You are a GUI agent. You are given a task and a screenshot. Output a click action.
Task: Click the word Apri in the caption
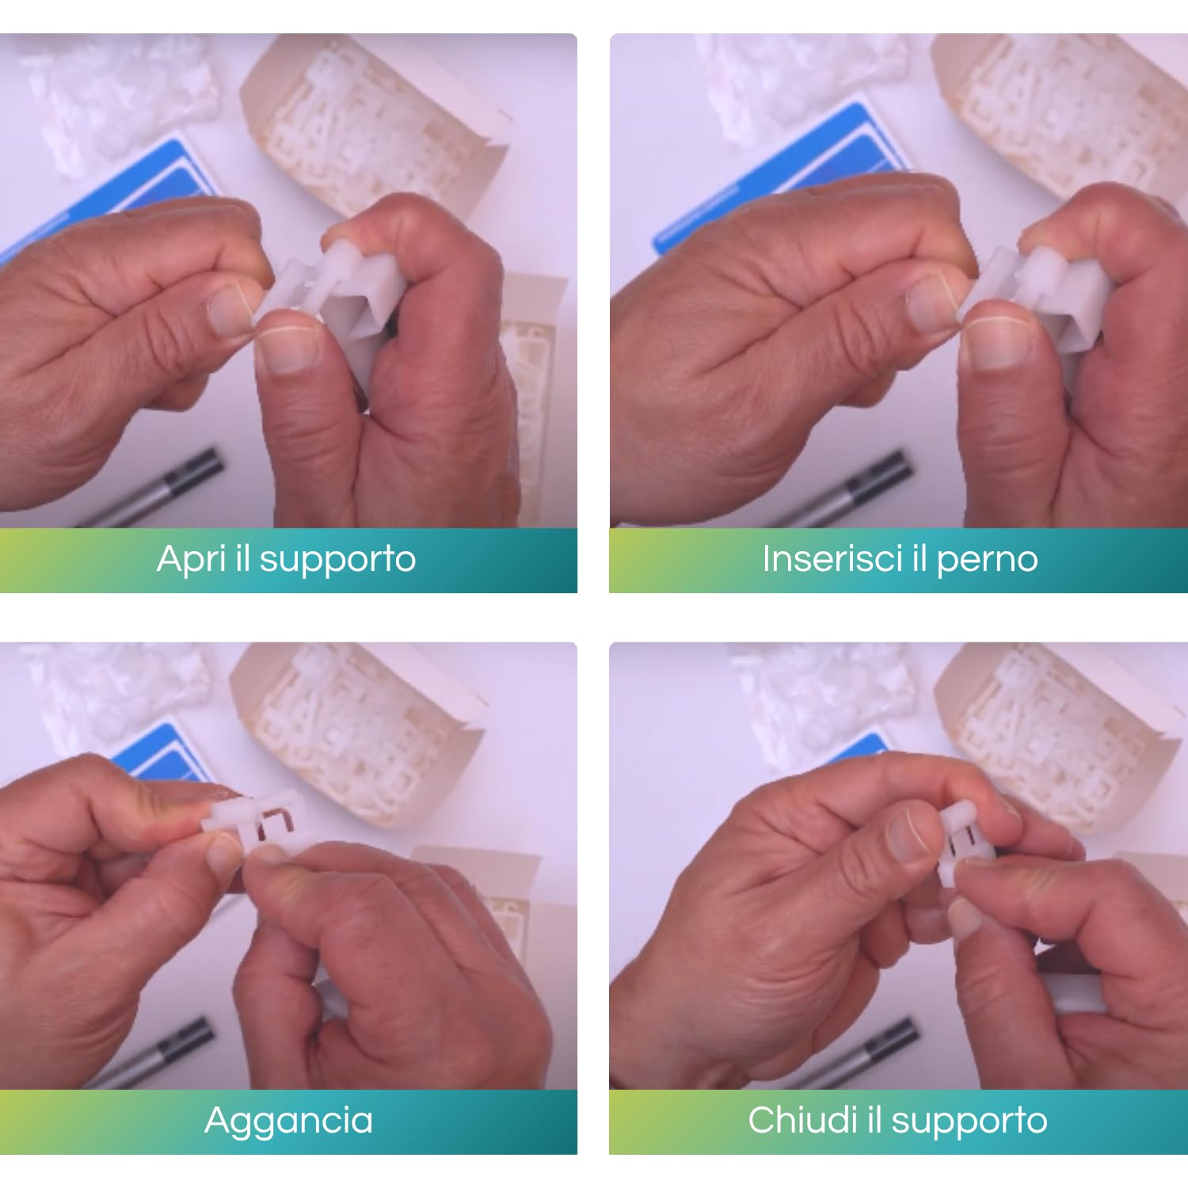[x=191, y=560]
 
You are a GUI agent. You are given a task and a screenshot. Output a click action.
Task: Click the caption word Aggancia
[x=288, y=1121]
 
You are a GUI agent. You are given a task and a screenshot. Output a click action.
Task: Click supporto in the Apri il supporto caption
[x=337, y=560]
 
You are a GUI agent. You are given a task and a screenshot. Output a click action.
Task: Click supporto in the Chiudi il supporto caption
[x=969, y=1121]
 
